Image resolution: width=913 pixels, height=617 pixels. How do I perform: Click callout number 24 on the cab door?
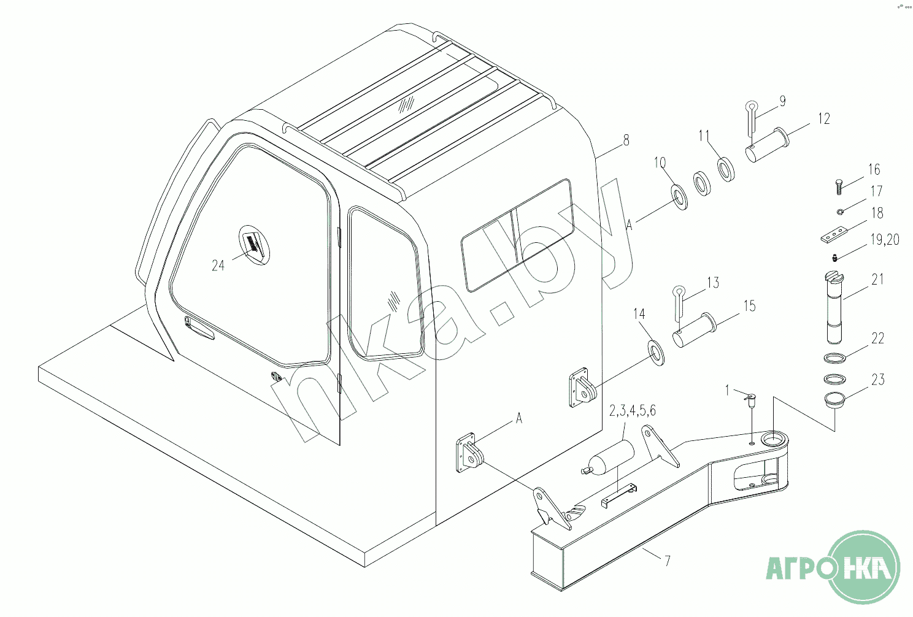(218, 266)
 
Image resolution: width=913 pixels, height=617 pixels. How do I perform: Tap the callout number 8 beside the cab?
(626, 140)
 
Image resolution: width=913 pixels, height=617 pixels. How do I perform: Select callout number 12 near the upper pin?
(823, 119)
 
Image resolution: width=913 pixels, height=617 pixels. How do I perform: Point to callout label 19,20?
(884, 240)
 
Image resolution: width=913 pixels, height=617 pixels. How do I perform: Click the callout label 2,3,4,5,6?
(632, 411)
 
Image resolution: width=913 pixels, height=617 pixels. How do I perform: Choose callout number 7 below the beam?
(667, 561)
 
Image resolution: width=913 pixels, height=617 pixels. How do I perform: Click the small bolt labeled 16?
(839, 186)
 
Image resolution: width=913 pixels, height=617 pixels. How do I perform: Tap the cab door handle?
(199, 329)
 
